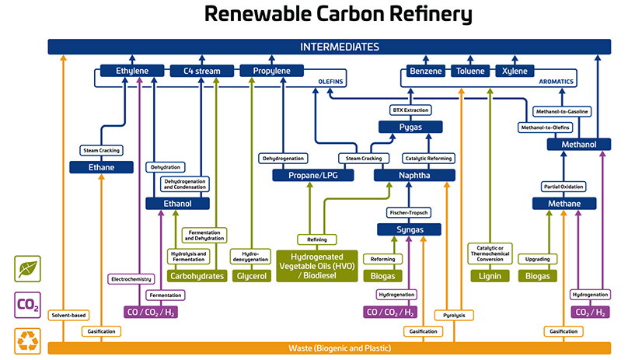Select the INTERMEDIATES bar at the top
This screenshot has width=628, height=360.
click(330, 47)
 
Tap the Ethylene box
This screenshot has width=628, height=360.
click(132, 72)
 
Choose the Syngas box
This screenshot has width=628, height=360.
click(409, 229)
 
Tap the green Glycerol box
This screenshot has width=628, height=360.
click(253, 275)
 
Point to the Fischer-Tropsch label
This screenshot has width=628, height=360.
click(409, 212)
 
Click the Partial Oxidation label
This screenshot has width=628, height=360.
click(563, 187)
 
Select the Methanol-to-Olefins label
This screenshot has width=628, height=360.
click(543, 127)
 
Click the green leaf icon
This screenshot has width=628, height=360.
click(28, 268)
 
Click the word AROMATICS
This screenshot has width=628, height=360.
click(557, 81)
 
